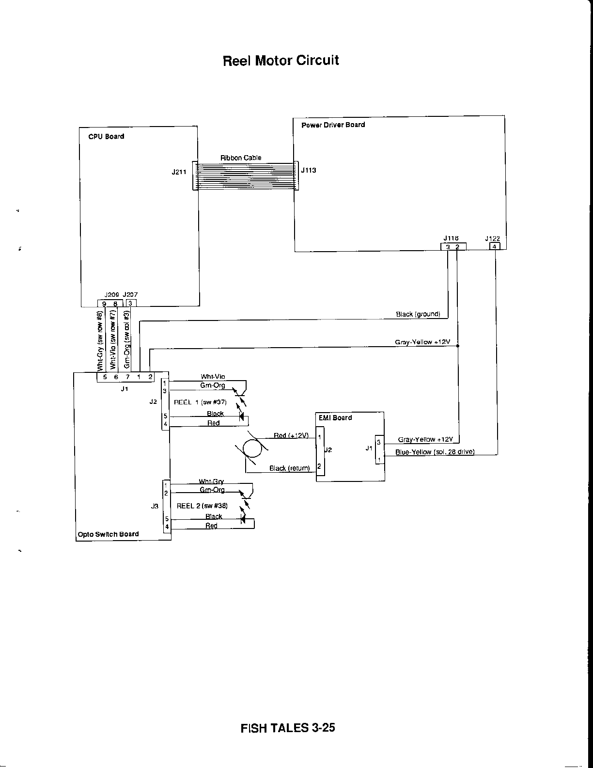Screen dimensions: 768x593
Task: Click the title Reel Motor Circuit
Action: [x=281, y=61]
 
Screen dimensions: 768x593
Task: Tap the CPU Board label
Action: [x=106, y=137]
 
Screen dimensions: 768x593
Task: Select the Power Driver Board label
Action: [x=333, y=125]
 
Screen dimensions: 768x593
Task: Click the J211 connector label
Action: [x=179, y=171]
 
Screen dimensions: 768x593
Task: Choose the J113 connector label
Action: [x=309, y=171]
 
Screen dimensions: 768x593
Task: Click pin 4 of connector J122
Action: [x=494, y=246]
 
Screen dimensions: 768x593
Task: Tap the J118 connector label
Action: [x=451, y=238]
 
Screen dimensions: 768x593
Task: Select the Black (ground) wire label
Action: [x=418, y=314]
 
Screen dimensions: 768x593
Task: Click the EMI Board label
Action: [x=335, y=417]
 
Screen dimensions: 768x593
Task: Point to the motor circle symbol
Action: [x=252, y=448]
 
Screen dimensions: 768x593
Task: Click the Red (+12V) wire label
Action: [x=291, y=435]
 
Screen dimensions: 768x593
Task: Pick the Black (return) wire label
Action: [x=289, y=468]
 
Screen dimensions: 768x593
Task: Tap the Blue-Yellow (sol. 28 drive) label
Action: [x=435, y=452]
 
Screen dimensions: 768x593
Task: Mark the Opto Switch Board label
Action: [x=108, y=534]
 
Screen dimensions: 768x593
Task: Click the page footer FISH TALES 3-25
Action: [x=288, y=728]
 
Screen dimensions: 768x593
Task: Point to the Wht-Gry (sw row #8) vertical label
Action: [x=100, y=342]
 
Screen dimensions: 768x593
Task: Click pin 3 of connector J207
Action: [x=130, y=304]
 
